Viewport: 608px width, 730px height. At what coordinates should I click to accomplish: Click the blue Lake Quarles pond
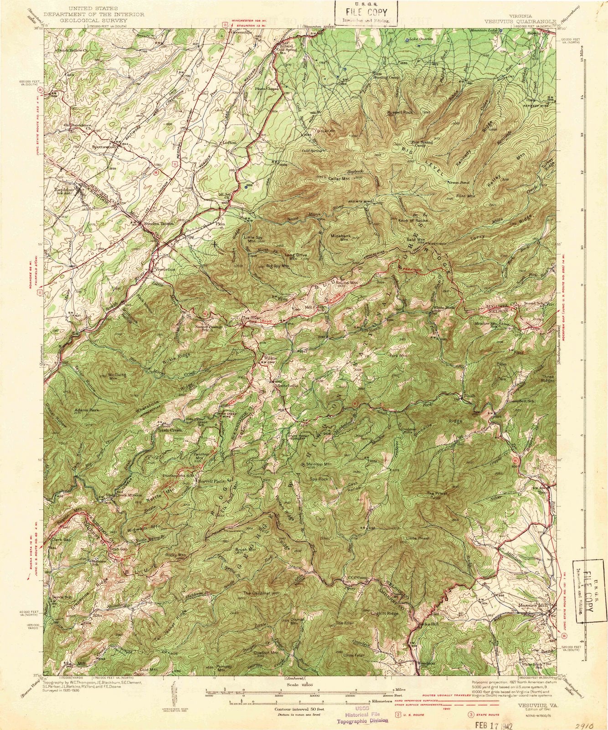click(407, 40)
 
